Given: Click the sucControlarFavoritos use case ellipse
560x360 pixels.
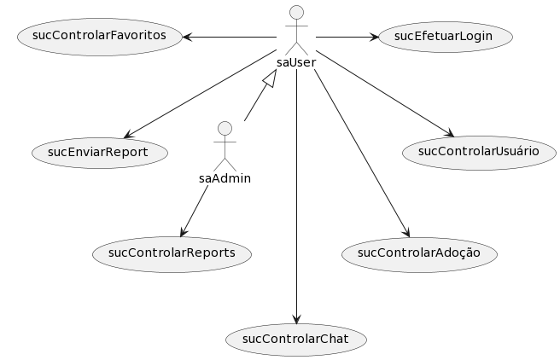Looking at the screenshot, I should (x=99, y=36).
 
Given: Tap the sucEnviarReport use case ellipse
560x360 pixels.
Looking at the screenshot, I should (x=99, y=152).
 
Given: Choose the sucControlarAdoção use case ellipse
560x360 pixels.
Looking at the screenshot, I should (x=418, y=253).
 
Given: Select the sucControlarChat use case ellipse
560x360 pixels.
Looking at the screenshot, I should (x=296, y=340).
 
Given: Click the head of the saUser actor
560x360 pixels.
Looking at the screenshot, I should (x=296, y=12).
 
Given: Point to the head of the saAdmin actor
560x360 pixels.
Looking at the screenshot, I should (x=225, y=128).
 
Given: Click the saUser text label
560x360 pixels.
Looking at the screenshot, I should (x=296, y=63).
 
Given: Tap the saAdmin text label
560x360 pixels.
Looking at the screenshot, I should (x=225, y=178).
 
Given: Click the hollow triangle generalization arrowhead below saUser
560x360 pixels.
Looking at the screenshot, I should (x=269, y=79).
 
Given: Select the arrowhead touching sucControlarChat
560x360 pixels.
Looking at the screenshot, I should (x=296, y=318).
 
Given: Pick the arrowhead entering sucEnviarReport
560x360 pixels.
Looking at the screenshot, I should (x=126, y=134).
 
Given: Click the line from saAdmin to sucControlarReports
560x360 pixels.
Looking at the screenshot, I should (x=195, y=210).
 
